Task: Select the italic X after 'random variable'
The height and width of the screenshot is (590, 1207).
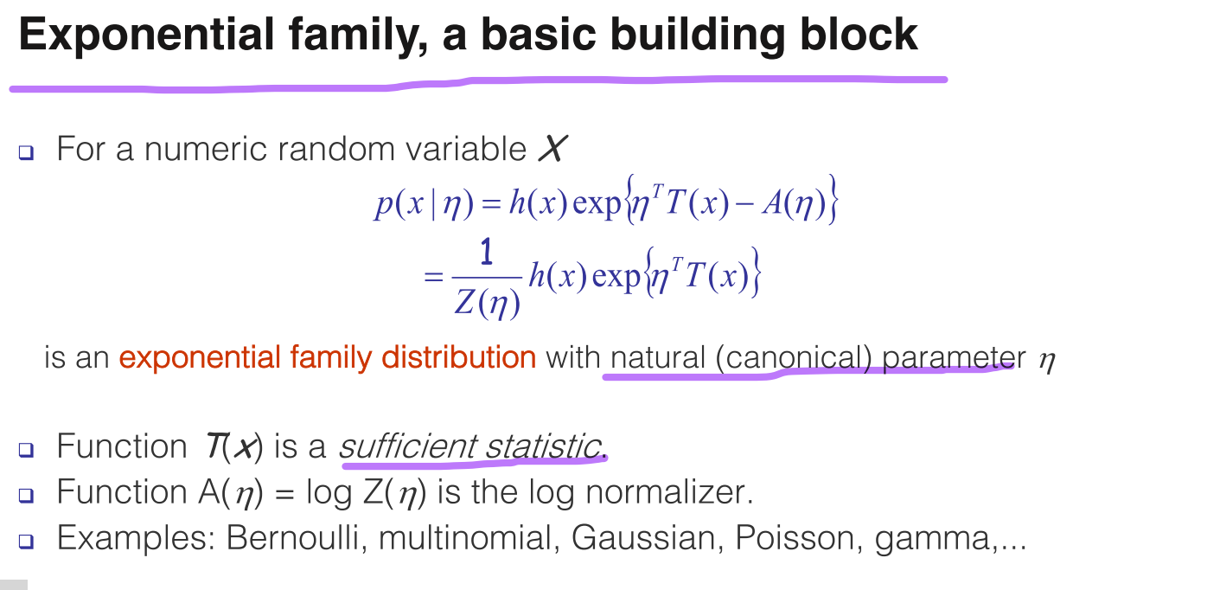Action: click(x=552, y=148)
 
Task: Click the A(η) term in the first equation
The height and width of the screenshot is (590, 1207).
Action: click(x=794, y=203)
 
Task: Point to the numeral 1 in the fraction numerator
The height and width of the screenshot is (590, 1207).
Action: click(x=486, y=252)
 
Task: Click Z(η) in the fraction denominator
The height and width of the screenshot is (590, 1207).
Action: click(x=487, y=302)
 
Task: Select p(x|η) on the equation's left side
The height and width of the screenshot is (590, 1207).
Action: click(x=424, y=204)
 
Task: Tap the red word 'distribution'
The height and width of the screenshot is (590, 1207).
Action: click(x=458, y=357)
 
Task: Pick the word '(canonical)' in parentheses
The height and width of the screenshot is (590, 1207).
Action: click(x=794, y=357)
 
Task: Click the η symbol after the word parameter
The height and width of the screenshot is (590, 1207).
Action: click(x=1046, y=361)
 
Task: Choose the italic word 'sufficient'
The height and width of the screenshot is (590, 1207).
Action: click(x=407, y=446)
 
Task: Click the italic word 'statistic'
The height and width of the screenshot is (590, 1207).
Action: click(x=543, y=446)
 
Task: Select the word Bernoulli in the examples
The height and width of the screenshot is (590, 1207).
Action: click(x=292, y=538)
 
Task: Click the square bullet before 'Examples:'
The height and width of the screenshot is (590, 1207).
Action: click(x=27, y=541)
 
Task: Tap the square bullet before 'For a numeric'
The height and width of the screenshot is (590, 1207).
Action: click(x=27, y=152)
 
